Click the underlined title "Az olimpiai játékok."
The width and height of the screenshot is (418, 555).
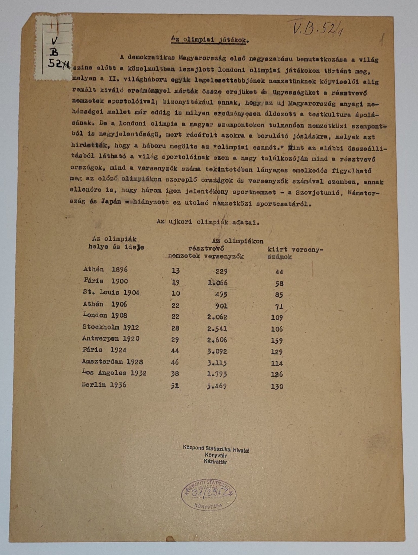(210, 40)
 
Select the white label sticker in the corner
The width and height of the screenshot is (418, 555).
(53, 47)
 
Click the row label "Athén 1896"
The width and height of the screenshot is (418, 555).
(105, 269)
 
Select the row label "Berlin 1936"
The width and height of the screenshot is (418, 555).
(104, 385)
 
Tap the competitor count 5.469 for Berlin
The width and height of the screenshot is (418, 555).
(216, 386)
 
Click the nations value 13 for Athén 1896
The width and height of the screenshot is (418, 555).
(176, 271)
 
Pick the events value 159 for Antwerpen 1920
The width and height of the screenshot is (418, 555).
(277, 341)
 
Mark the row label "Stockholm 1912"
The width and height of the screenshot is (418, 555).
(111, 327)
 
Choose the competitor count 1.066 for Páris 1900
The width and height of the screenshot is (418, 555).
(217, 283)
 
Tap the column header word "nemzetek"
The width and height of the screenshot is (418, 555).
(184, 256)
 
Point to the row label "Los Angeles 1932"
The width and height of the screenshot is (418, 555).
(114, 373)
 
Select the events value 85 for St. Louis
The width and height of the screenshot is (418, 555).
(279, 295)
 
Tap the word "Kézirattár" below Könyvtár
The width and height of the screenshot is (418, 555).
(215, 462)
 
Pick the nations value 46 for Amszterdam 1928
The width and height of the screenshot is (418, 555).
(175, 362)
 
